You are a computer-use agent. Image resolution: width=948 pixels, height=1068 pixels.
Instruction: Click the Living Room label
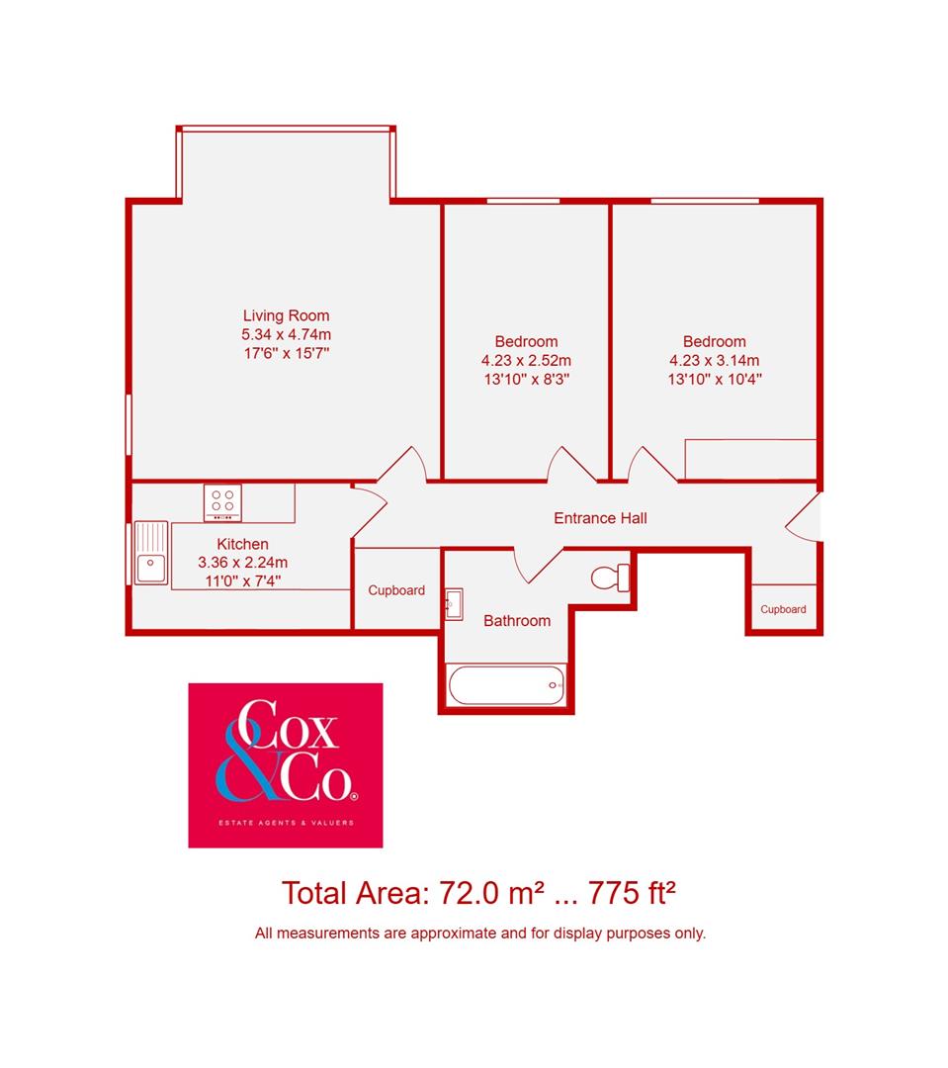pyautogui.click(x=286, y=316)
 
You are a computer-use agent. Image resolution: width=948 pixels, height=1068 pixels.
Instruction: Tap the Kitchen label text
pyautogui.click(x=242, y=544)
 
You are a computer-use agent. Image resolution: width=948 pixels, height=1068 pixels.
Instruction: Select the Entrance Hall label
pyautogui.click(x=600, y=518)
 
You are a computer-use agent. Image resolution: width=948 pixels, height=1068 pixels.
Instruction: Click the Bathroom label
pyautogui.click(x=516, y=621)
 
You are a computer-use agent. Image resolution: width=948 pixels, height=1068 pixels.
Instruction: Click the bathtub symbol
pyautogui.click(x=506, y=684)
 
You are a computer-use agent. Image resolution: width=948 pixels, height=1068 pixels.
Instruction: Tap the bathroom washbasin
pyautogui.click(x=454, y=602)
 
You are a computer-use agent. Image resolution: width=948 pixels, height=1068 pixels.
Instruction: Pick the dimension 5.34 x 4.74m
pyautogui.click(x=286, y=334)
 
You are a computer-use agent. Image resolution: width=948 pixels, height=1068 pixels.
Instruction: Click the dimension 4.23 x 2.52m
pyautogui.click(x=526, y=360)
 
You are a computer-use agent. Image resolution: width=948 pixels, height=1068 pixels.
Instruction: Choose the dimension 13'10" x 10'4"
pyautogui.click(x=715, y=378)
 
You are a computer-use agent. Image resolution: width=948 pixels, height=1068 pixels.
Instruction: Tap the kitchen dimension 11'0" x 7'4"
pyautogui.click(x=242, y=580)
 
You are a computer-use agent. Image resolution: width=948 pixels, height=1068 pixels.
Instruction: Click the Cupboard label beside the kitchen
pyautogui.click(x=396, y=590)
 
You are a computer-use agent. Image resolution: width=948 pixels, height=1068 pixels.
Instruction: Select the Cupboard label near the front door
pyautogui.click(x=783, y=610)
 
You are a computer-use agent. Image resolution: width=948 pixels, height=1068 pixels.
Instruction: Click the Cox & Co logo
pyautogui.click(x=286, y=765)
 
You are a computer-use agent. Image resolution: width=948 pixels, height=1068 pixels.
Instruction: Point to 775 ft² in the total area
pyautogui.click(x=632, y=893)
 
